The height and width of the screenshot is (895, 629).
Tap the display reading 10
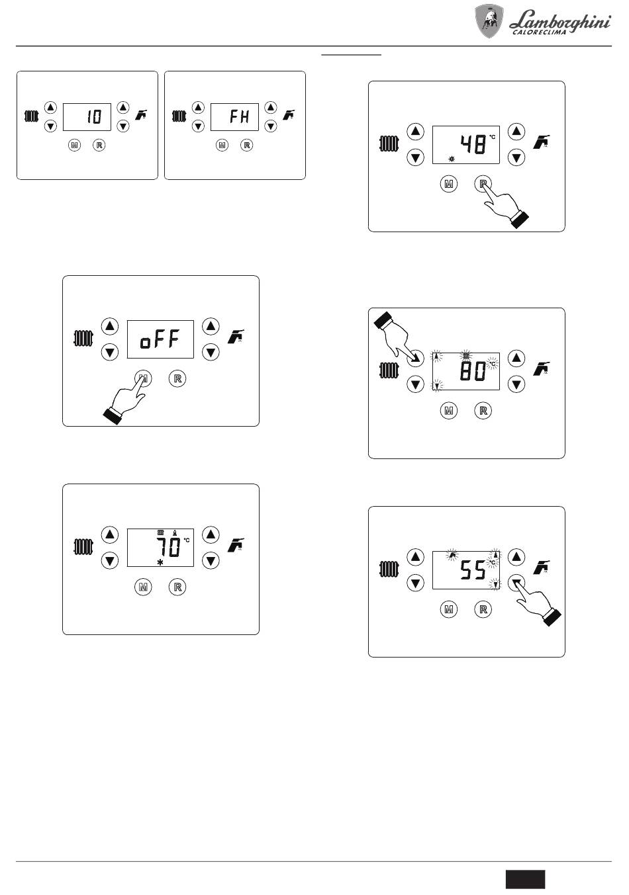pos(87,117)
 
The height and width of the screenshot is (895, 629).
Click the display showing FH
pos(234,117)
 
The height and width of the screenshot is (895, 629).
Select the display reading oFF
pos(160,339)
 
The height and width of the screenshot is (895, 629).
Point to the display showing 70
pos(160,548)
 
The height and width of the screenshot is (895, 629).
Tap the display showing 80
pos(465,371)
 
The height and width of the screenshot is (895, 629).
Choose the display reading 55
pos(465,570)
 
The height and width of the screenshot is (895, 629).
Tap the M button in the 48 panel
pos(449,185)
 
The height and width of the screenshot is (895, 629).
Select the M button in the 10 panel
pos(74,145)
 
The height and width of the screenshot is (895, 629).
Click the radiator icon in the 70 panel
pos(83,547)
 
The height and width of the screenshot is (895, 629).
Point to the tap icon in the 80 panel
pos(542,368)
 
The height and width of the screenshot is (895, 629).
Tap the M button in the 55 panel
pos(449,609)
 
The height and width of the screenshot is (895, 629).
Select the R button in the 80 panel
pos(483,411)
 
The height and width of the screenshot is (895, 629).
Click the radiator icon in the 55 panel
pos(389,569)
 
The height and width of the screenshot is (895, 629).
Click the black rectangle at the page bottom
pos(526,878)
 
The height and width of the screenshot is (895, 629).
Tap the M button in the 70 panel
pos(143,587)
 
